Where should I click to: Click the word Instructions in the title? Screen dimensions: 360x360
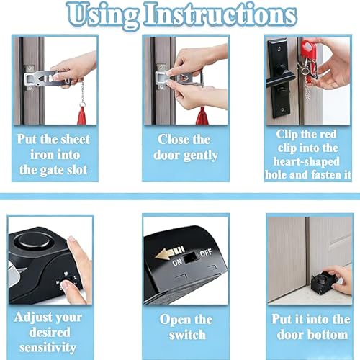tap(220, 14)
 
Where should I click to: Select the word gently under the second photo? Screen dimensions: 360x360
tap(201, 156)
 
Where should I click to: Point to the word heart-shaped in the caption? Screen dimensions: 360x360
tap(307, 162)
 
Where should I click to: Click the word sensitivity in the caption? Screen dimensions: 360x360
tap(48, 348)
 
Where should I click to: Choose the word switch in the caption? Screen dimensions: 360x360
tap(187, 335)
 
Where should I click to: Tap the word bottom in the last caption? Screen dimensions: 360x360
tap(330, 335)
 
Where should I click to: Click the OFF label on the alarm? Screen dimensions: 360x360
tap(206, 253)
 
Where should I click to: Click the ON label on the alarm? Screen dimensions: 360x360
tap(177, 263)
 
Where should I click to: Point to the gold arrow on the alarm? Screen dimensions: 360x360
tap(169, 253)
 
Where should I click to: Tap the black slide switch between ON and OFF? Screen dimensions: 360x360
tap(189, 258)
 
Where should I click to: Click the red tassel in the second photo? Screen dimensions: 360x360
tap(202, 116)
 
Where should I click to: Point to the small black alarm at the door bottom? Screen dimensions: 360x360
tap(322, 284)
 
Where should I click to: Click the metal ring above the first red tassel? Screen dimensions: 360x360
tap(83, 104)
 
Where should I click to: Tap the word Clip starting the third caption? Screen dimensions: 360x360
tap(286, 135)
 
